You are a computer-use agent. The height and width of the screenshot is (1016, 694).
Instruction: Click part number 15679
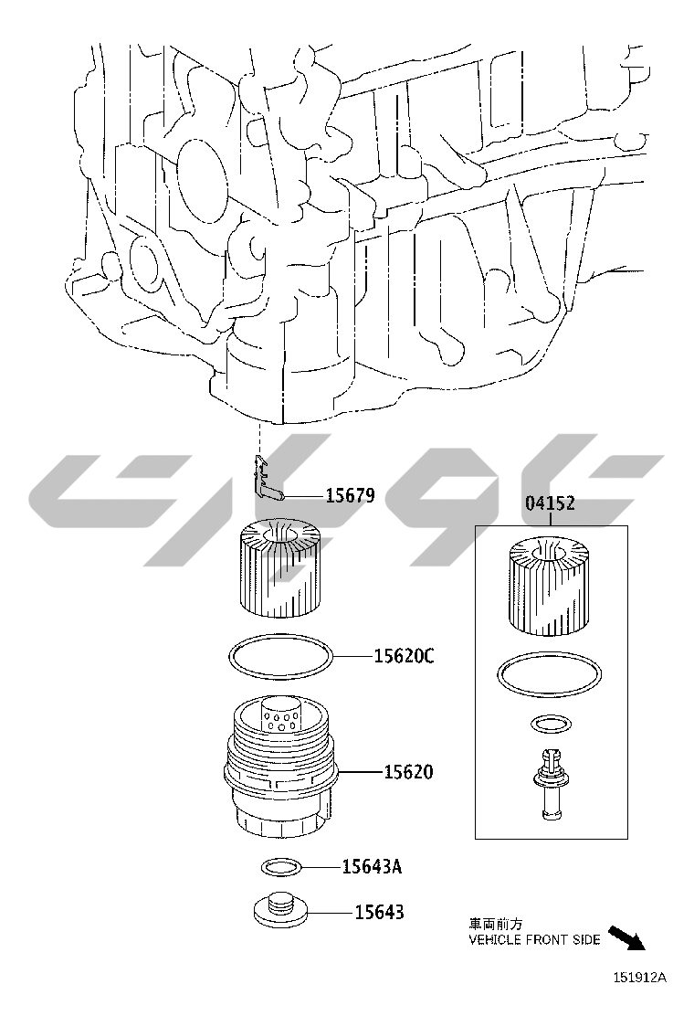click(350, 496)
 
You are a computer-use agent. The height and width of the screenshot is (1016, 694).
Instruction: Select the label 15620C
click(404, 656)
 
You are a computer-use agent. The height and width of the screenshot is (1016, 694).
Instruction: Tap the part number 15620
click(408, 772)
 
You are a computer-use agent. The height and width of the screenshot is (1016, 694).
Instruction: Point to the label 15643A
click(372, 866)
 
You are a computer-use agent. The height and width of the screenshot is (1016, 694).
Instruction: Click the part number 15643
click(379, 913)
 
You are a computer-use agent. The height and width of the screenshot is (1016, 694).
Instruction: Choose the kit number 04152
click(550, 503)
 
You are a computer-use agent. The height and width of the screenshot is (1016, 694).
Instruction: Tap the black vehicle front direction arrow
click(626, 937)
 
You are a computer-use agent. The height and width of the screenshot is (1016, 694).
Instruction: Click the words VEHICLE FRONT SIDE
click(534, 939)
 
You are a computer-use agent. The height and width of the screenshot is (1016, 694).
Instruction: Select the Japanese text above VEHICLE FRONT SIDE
click(495, 924)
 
